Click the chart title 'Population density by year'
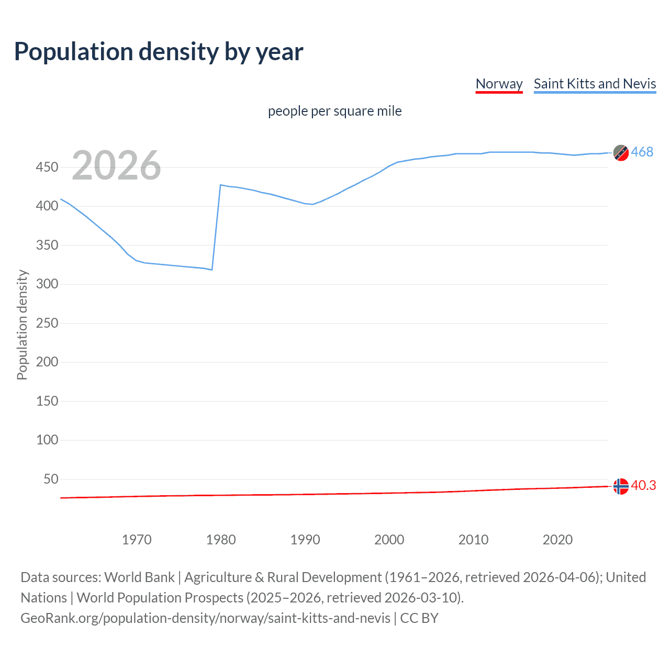(x=159, y=51)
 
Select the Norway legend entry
(x=499, y=84)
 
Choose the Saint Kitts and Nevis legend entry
(x=595, y=84)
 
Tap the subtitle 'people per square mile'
(x=334, y=111)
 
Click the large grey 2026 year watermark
(x=116, y=165)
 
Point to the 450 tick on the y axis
(x=47, y=167)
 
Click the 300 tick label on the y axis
(x=47, y=284)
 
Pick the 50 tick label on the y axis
(x=51, y=479)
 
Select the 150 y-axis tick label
(x=47, y=401)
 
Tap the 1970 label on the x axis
(x=137, y=540)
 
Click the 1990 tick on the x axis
(x=305, y=540)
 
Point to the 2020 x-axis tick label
(x=557, y=540)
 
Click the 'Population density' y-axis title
(x=22, y=325)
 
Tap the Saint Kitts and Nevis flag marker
(x=621, y=153)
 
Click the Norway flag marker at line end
(x=621, y=486)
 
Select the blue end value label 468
(x=642, y=152)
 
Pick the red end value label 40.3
(x=643, y=486)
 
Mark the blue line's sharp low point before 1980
(x=211, y=270)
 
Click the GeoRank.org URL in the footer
(x=205, y=618)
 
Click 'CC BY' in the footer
(x=419, y=618)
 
